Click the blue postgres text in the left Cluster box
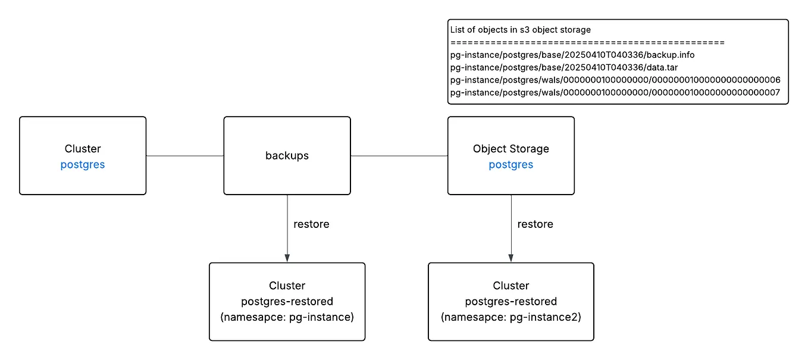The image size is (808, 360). tap(82, 165)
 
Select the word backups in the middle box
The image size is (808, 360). tap(287, 155)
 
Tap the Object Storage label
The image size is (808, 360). tap(511, 149)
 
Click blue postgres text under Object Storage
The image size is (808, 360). tap(511, 165)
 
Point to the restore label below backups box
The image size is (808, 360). tap(311, 224)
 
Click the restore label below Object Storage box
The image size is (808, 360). tap(535, 224)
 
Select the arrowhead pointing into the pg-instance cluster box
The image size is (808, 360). tap(287, 258)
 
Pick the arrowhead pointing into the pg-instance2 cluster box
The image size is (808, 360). tap(511, 258)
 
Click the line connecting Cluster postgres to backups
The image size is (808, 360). tap(184, 156)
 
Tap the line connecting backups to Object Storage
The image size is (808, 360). tap(399, 156)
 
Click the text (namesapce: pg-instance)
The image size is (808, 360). tap(287, 317)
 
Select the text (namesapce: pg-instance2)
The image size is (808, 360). tap(511, 317)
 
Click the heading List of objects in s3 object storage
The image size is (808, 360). tap(520, 30)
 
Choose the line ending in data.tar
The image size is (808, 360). tap(564, 67)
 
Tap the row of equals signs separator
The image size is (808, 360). tap(587, 43)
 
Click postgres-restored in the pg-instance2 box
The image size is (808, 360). tap(511, 301)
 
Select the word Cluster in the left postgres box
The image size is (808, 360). tap(82, 149)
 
